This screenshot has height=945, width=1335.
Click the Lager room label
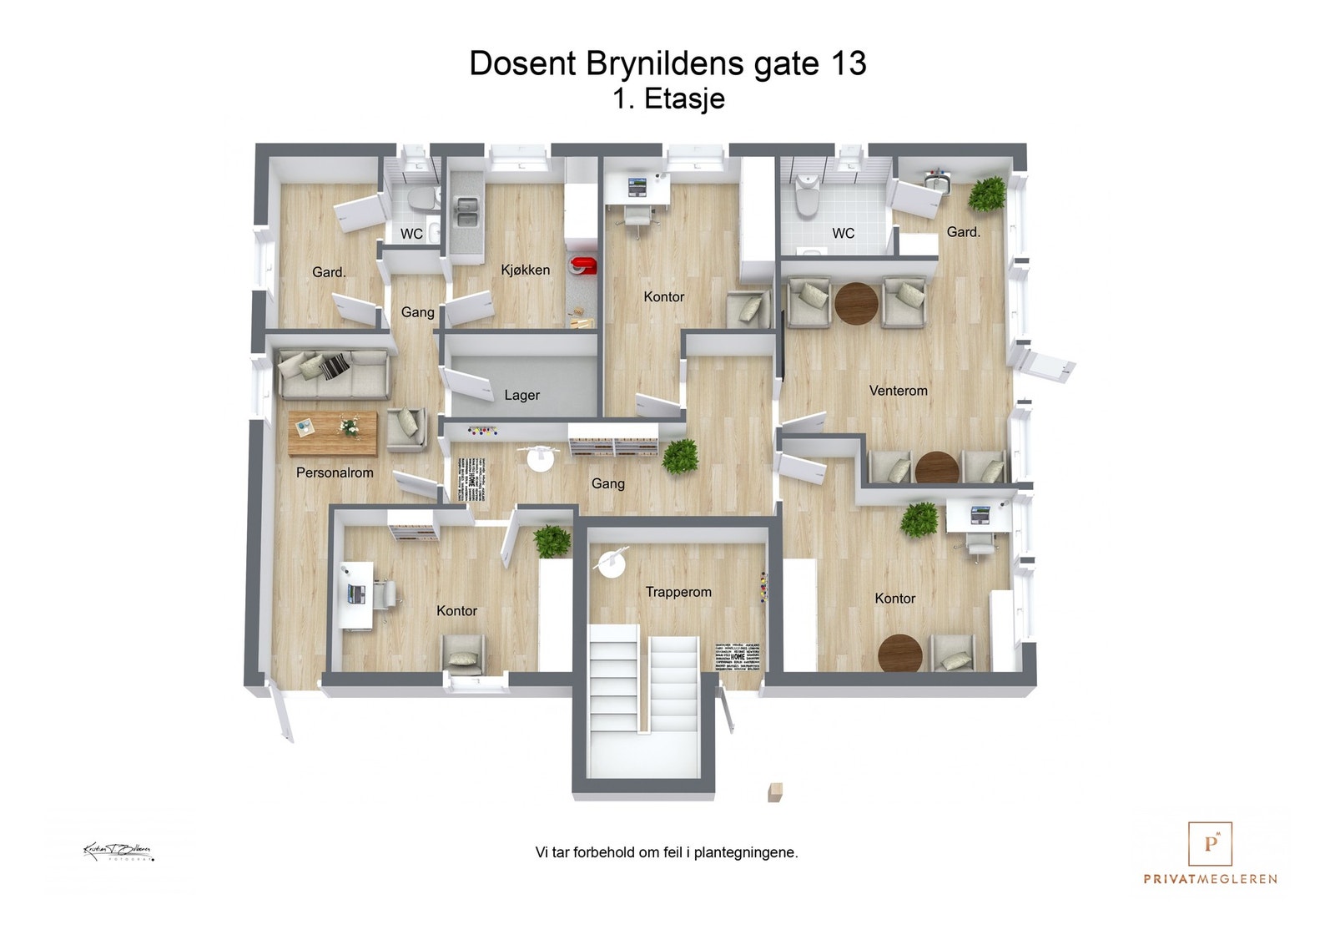click(x=521, y=395)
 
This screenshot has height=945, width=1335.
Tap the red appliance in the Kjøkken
click(x=582, y=266)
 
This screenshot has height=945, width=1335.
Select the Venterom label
click(x=898, y=390)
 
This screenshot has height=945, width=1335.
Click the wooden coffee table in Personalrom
click(x=332, y=433)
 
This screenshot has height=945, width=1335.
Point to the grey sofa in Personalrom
click(x=333, y=373)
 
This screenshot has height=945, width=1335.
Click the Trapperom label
click(x=678, y=592)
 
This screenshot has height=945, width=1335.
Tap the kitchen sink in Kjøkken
click(x=466, y=212)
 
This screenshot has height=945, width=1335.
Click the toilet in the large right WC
click(x=806, y=195)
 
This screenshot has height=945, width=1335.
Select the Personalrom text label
click(x=335, y=472)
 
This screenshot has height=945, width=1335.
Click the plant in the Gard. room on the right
click(x=987, y=194)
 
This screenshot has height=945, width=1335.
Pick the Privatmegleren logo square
click(x=1210, y=843)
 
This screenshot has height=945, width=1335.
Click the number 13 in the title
click(x=847, y=63)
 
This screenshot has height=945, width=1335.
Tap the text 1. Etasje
click(x=667, y=99)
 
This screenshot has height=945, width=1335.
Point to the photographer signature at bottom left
click(x=118, y=852)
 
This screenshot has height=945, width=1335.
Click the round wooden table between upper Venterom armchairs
click(x=856, y=304)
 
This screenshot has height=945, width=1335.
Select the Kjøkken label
click(x=525, y=270)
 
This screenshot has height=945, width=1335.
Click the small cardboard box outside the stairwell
click(x=776, y=791)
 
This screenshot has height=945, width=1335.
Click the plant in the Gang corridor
click(x=681, y=457)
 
